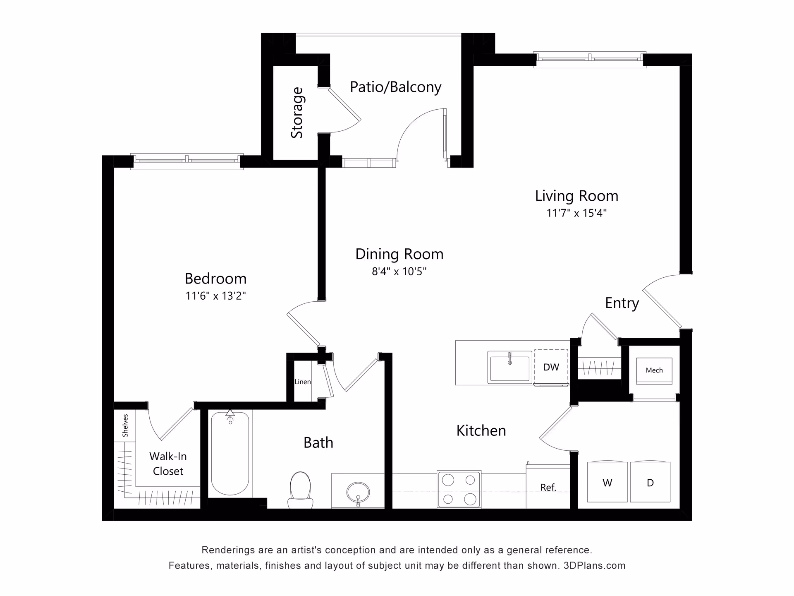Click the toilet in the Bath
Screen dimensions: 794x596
301,490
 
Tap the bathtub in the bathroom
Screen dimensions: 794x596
230,453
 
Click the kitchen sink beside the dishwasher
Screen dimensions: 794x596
509,367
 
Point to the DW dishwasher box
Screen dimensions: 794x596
551,367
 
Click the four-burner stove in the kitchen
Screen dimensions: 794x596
459,489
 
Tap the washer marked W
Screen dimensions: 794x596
607,482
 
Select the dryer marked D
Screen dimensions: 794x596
650,482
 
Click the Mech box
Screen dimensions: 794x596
654,370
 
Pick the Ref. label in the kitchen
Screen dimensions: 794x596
548,488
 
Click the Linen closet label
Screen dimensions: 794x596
303,382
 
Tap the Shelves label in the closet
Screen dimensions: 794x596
125,425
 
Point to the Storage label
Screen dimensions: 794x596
297,113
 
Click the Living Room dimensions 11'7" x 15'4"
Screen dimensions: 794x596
576,213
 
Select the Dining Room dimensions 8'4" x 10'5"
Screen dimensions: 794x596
399,272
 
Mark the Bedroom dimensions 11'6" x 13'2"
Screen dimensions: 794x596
215,296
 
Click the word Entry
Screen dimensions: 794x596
622,303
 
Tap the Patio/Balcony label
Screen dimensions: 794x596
396,87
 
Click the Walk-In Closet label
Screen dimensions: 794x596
168,464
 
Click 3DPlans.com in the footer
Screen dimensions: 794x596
594,565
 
